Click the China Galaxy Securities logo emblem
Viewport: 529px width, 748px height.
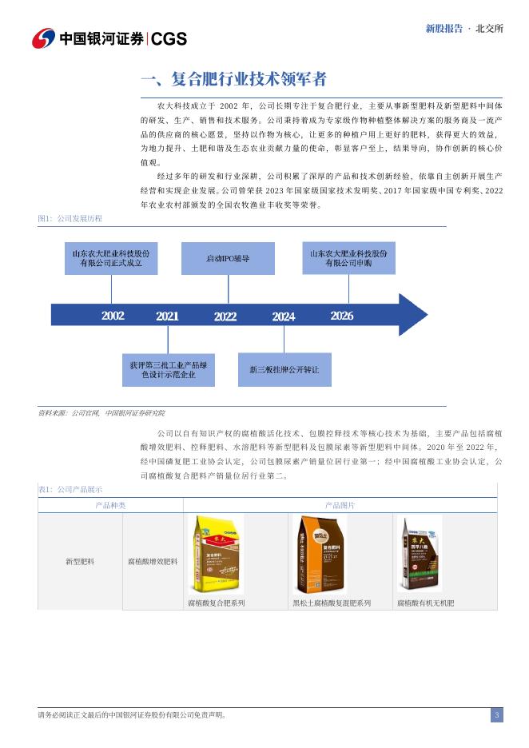[x=44, y=38]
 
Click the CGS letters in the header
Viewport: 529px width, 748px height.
[x=169, y=38]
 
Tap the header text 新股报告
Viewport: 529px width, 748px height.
[x=443, y=28]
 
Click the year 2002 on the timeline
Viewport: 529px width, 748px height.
[x=113, y=316]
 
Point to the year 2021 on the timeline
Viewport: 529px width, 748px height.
[x=167, y=316]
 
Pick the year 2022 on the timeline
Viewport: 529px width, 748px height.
[x=225, y=316]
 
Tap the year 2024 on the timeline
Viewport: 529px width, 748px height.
[x=283, y=316]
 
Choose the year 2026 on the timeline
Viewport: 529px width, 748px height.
[x=341, y=316]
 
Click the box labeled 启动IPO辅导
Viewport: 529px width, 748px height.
[x=228, y=259]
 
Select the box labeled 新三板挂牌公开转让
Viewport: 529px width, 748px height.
[x=284, y=369]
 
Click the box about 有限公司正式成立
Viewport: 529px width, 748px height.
[x=111, y=258]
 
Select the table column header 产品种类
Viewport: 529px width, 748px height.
[x=110, y=505]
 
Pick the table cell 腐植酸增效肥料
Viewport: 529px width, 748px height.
[x=153, y=562]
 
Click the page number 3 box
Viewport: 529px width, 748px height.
[x=496, y=715]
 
